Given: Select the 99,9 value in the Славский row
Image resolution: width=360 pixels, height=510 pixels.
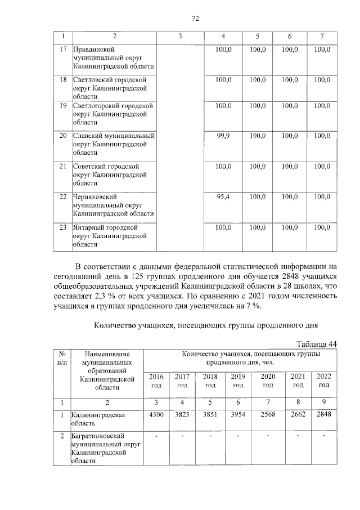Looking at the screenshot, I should tap(223, 136).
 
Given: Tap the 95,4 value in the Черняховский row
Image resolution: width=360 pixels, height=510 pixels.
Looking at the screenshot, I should tap(223, 196).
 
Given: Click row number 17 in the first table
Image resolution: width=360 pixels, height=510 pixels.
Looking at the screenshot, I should tap(63, 50).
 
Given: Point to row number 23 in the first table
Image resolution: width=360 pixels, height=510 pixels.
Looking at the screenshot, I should tap(63, 227).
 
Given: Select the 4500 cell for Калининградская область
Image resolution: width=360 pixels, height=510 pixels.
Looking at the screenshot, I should tap(156, 415).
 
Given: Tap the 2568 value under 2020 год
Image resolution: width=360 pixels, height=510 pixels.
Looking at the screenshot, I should tap(268, 415).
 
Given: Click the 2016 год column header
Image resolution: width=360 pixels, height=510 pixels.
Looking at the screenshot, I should tap(156, 381).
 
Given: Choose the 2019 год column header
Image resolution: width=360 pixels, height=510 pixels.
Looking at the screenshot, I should tap(238, 381).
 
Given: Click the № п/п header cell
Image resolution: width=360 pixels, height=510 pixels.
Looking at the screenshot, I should tap(61, 359).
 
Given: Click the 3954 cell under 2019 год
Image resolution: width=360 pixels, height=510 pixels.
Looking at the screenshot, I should tap(238, 415).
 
